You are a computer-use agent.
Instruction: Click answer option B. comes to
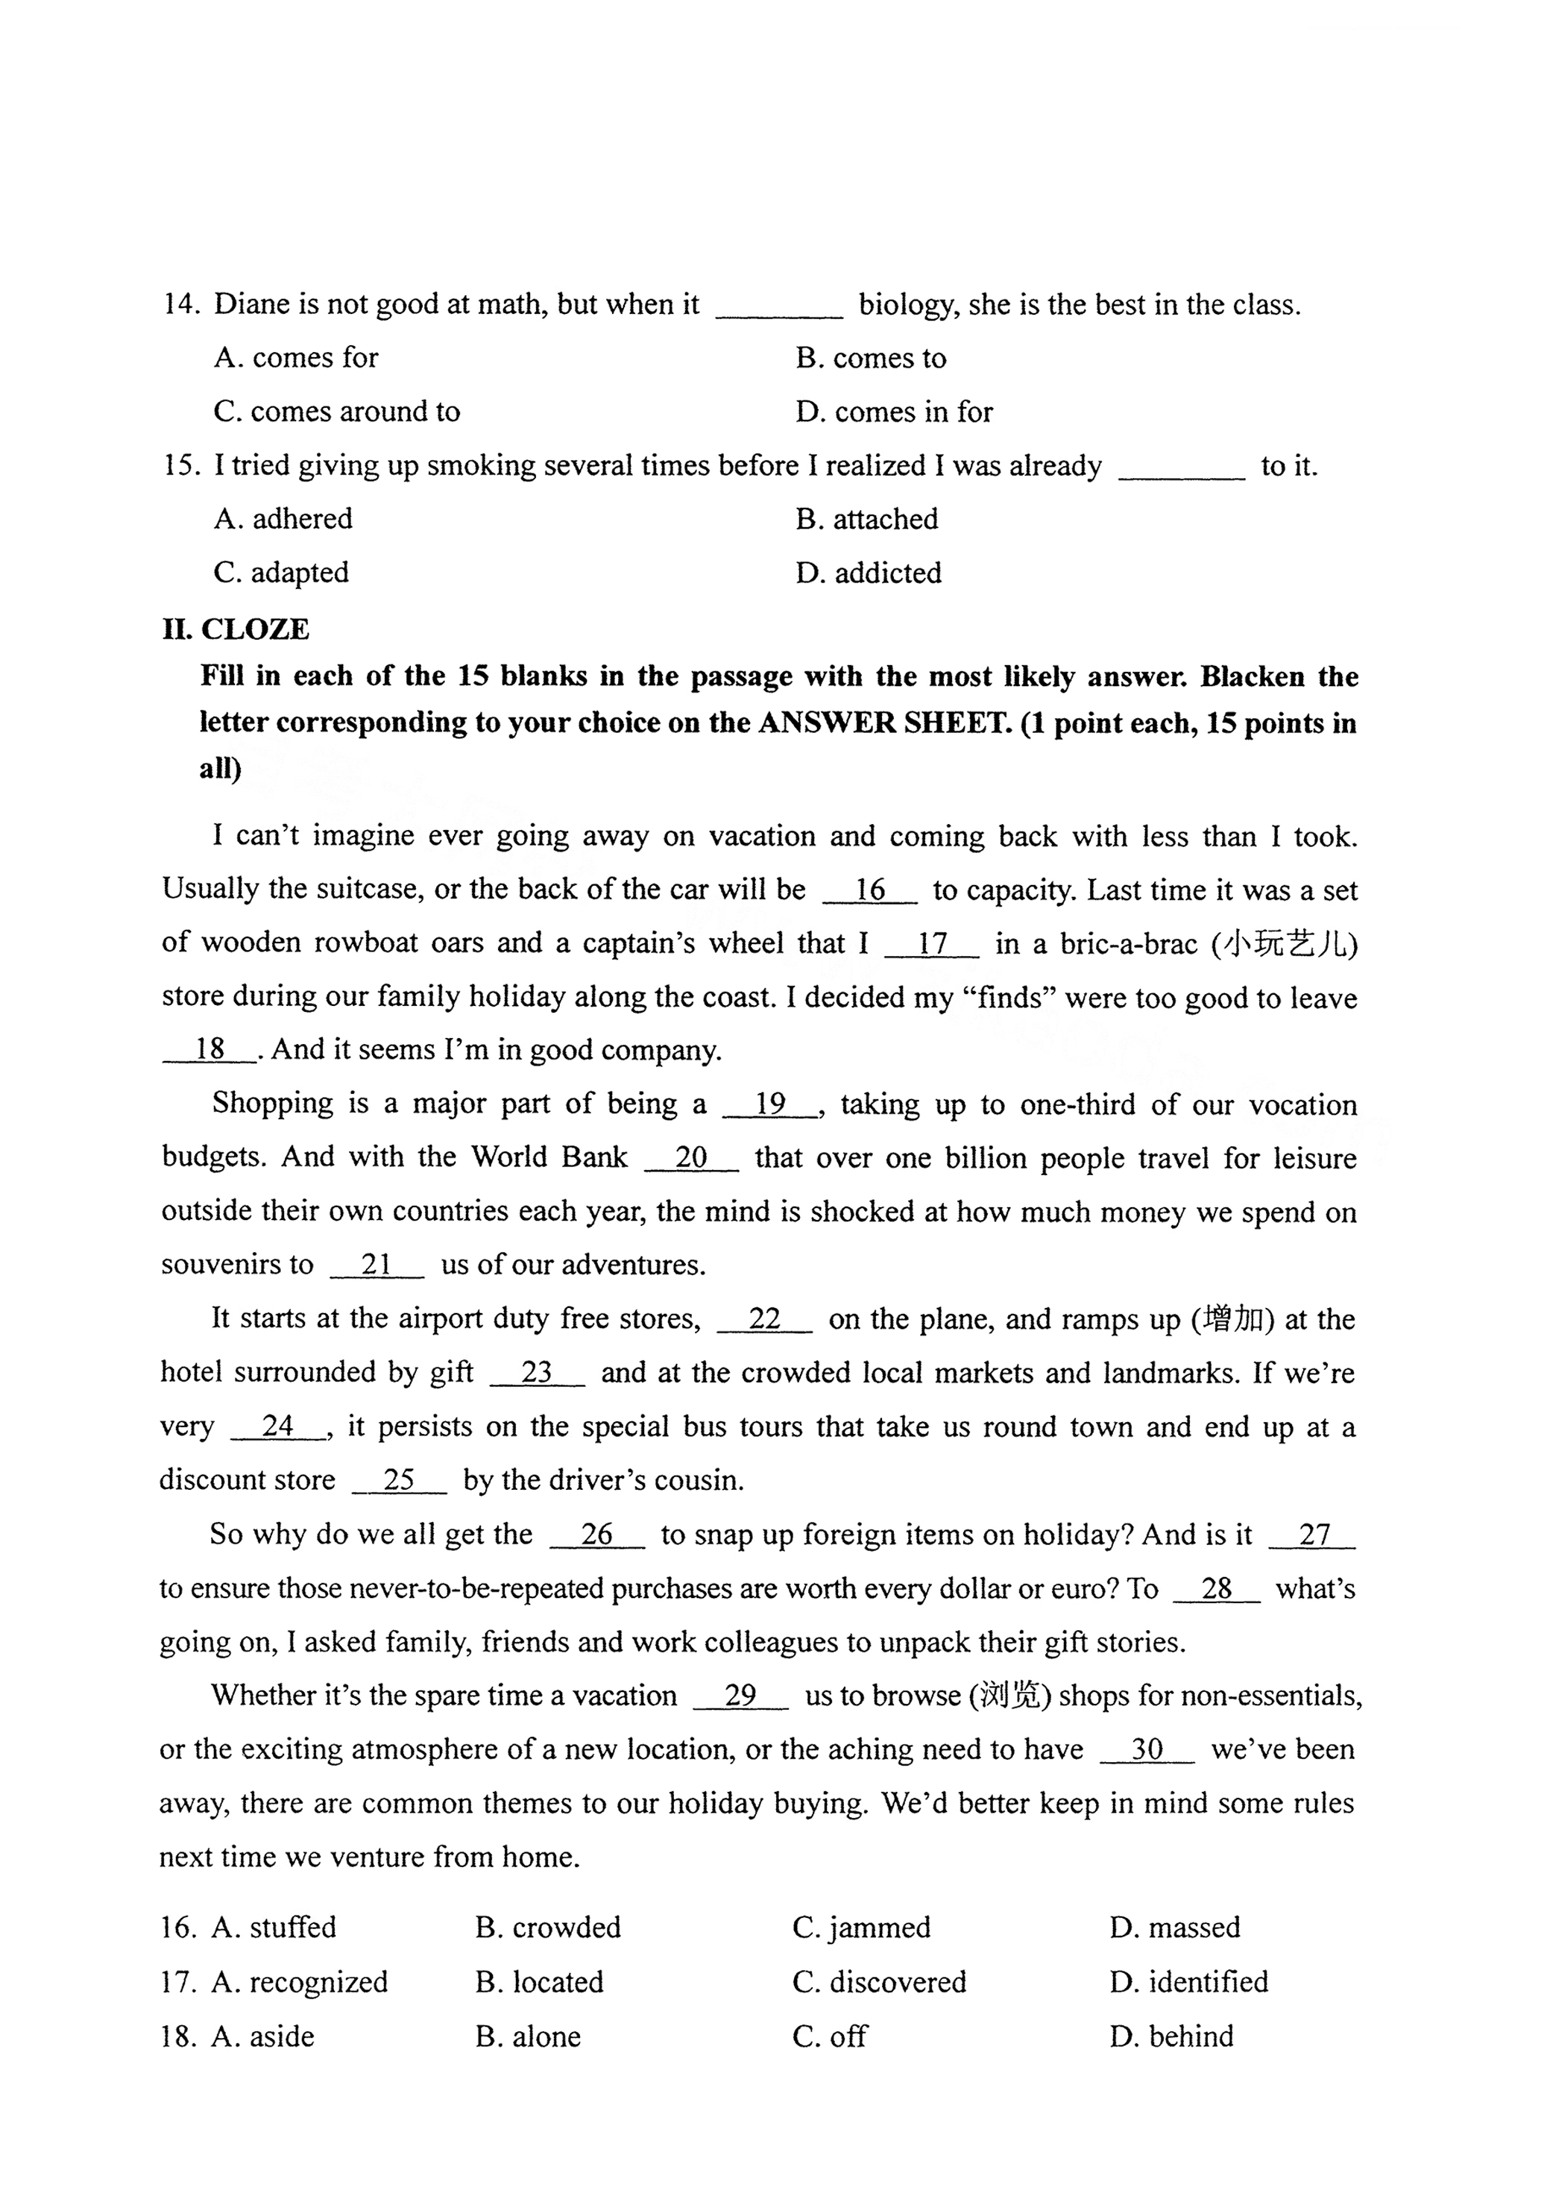pos(870,358)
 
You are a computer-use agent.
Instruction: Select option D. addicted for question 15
pos(868,573)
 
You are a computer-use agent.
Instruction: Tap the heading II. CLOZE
pos(236,629)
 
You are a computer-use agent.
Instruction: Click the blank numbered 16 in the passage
pos(870,890)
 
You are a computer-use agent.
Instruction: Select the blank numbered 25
pos(399,1480)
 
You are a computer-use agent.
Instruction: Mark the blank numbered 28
pos(1216,1588)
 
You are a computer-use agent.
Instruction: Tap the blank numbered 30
pos(1147,1749)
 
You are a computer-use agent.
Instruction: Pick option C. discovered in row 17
pos(878,1981)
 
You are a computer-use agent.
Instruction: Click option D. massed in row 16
pos(1175,1927)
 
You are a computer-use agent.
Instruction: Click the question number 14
pos(180,304)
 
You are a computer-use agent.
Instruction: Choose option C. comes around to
pos(337,412)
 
